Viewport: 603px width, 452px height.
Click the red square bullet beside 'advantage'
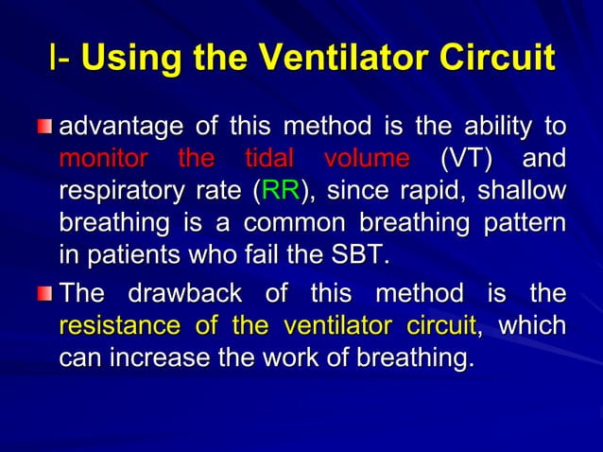tap(44, 128)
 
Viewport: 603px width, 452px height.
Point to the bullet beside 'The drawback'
tap(44, 294)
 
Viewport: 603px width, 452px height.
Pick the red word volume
tap(366, 157)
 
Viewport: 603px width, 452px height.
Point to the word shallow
tap(522, 190)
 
